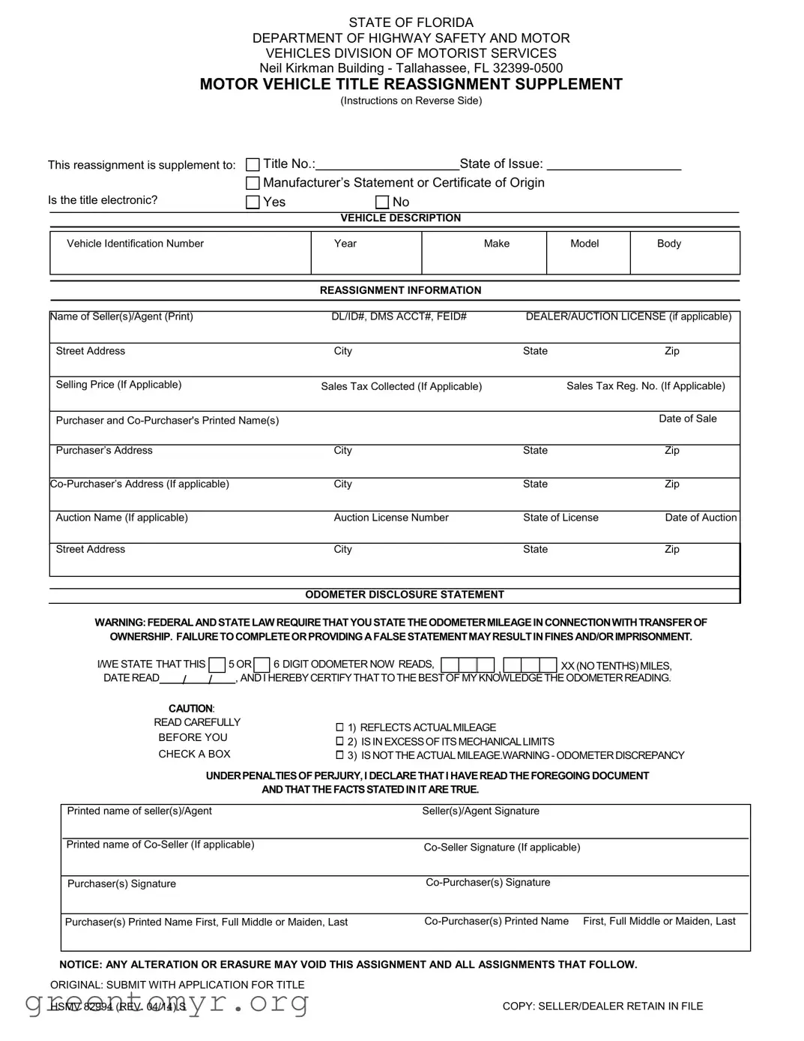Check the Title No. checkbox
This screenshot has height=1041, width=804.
[x=253, y=164]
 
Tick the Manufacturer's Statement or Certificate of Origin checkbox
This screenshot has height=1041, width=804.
[x=253, y=183]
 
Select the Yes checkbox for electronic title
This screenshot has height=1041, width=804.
[x=253, y=202]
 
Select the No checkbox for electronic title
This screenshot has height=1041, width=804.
[x=382, y=202]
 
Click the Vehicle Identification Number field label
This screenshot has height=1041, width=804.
[x=135, y=244]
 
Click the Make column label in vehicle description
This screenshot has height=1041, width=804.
[x=496, y=244]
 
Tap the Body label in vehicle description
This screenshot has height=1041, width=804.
[x=668, y=244]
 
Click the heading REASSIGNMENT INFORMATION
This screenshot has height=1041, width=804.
[x=400, y=290]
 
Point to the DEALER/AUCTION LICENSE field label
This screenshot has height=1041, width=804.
[x=628, y=316]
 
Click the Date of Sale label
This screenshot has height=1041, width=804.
[x=687, y=418]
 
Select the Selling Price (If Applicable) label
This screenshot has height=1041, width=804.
[x=118, y=385]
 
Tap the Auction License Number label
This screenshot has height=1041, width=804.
[x=390, y=517]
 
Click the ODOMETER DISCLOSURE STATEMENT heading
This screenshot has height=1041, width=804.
[x=404, y=595]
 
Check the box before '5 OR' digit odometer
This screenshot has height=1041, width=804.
[x=217, y=664]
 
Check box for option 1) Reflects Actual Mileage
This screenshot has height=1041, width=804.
[x=339, y=727]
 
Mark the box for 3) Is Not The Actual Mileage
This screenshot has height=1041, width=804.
[x=339, y=755]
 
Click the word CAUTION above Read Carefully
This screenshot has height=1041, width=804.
[x=191, y=709]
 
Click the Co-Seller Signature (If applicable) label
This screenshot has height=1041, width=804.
[x=501, y=847]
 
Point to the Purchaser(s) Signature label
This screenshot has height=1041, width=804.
[x=121, y=884]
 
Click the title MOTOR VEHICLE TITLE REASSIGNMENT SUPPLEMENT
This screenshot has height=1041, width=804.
[x=411, y=84]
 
